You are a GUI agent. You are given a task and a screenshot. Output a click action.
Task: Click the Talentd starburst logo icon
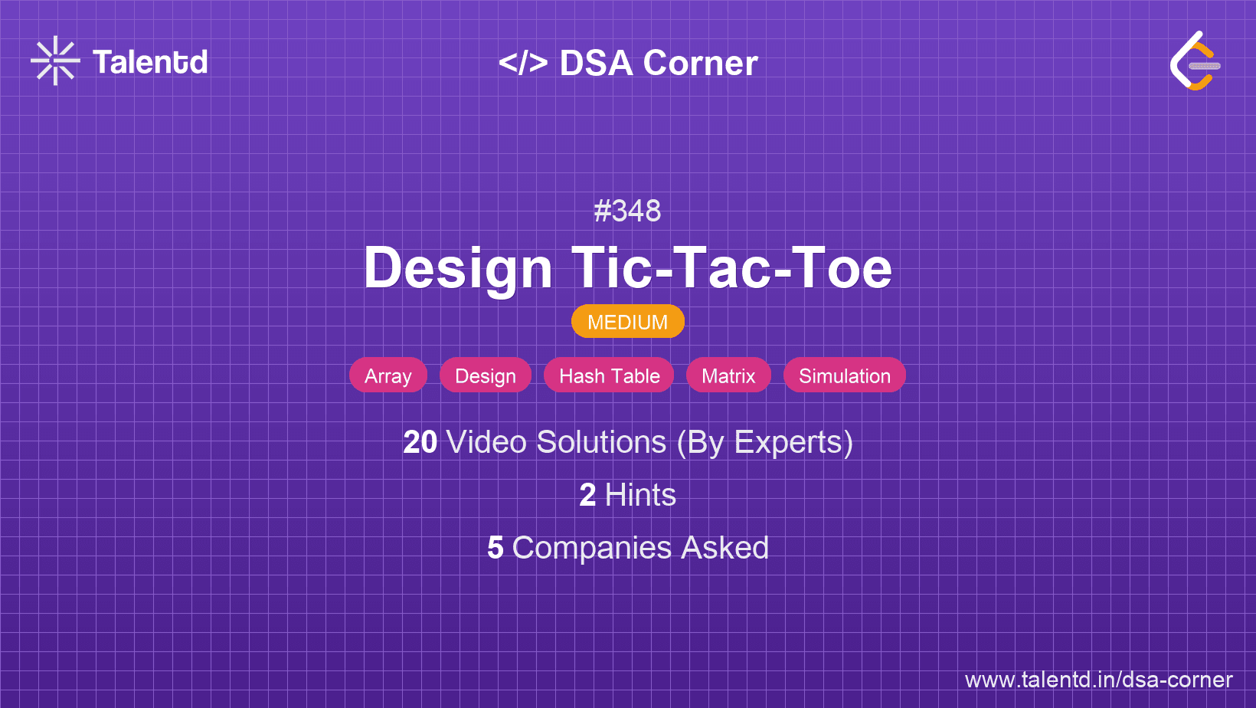[55, 61]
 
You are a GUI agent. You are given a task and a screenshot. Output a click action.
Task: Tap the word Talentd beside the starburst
[150, 62]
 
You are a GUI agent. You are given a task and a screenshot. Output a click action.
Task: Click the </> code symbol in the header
[523, 63]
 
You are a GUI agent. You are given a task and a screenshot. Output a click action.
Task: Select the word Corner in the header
[700, 63]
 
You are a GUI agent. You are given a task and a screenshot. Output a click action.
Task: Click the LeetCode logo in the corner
[1195, 61]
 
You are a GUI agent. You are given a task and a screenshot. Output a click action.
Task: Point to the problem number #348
[627, 211]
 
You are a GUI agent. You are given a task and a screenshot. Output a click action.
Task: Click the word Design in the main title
[458, 269]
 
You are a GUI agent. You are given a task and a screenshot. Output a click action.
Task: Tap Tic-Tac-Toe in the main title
[731, 268]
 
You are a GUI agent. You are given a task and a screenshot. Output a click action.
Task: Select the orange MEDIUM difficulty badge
[628, 322]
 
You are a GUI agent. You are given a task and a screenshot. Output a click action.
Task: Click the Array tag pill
[388, 375]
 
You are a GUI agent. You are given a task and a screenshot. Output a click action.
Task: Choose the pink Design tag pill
[486, 375]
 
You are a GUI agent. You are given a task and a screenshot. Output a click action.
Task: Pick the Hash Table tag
[610, 375]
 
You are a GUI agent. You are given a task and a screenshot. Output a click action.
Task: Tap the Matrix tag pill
[728, 375]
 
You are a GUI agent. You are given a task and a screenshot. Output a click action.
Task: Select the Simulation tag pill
[845, 375]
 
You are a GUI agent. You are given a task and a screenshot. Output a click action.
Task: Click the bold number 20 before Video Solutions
[420, 442]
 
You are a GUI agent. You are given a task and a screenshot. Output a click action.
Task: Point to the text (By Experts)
[765, 443]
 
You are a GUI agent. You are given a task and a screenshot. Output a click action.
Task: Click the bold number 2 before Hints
[587, 495]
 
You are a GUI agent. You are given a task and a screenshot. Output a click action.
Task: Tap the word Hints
[640, 495]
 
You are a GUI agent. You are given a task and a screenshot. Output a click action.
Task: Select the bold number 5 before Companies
[496, 548]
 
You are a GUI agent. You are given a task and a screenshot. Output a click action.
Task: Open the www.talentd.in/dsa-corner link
[1098, 680]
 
